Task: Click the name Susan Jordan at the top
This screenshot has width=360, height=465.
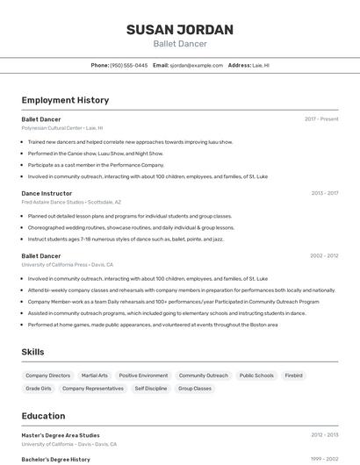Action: pos(180,30)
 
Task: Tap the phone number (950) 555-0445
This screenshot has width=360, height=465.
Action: pos(128,65)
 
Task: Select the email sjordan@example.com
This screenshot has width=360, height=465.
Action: pos(196,65)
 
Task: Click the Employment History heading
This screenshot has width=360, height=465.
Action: pos(65,101)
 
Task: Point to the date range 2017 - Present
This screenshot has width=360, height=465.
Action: pos(321,118)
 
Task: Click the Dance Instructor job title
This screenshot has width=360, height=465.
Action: pos(47,192)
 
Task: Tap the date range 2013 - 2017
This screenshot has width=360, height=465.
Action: pos(324,192)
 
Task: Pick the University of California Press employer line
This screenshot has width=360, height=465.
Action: pos(68,264)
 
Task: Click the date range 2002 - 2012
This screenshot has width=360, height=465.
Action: pos(324,255)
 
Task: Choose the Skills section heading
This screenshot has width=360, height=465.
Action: pos(33,352)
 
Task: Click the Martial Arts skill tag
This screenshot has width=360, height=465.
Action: pos(94,376)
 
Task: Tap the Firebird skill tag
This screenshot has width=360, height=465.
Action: pos(293,376)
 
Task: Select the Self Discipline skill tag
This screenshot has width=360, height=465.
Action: pos(150,388)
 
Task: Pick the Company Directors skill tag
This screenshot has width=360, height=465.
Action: pos(47,376)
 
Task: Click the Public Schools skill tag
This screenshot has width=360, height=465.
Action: pos(256,376)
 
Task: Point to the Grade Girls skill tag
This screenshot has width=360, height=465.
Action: pos(39,388)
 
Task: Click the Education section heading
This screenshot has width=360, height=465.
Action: pos(43,416)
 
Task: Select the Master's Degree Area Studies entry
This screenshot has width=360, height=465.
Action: pos(61,434)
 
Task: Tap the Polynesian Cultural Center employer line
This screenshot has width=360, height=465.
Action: pos(61,127)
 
